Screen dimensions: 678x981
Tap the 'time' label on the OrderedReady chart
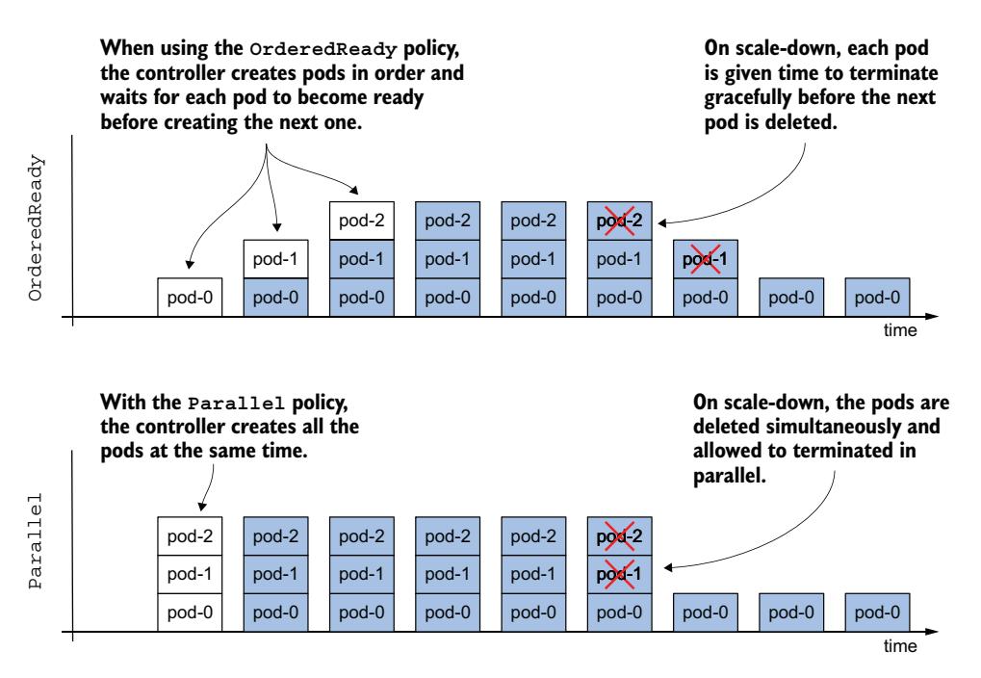[900, 330]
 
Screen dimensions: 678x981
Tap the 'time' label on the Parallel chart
[900, 647]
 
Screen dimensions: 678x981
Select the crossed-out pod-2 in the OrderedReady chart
[619, 221]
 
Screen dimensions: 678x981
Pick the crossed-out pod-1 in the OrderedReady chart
[705, 259]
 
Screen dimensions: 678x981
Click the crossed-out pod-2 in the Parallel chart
[619, 536]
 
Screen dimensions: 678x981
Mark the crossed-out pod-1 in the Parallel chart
[619, 575]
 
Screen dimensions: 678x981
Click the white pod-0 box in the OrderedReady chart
[191, 297]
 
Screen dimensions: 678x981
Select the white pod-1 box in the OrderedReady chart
[276, 259]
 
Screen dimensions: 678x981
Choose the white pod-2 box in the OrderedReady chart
[362, 221]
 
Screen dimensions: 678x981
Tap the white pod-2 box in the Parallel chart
[191, 536]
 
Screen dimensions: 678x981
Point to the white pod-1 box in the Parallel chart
[191, 575]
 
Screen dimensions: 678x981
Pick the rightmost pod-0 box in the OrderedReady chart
[877, 297]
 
